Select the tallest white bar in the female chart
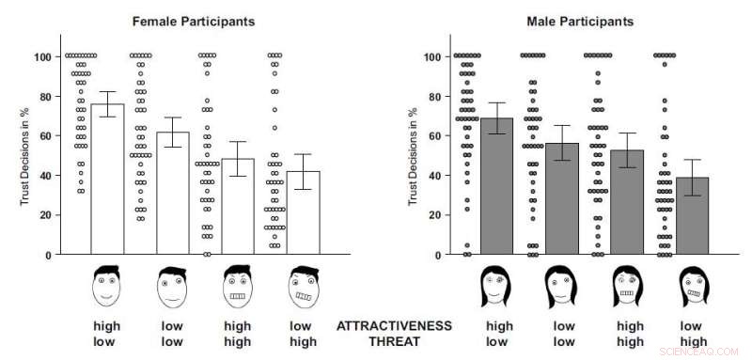click(x=107, y=179)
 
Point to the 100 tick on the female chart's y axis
click(x=41, y=56)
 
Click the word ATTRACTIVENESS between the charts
click(x=394, y=326)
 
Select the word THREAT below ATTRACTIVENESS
click(x=394, y=342)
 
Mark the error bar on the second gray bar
click(x=562, y=143)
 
